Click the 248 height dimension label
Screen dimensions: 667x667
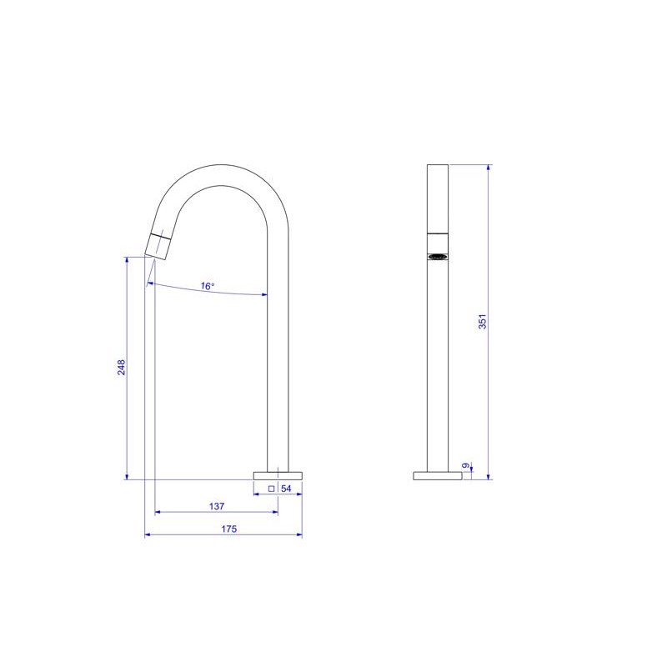pos(121,367)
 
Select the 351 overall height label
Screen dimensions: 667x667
pos(482,322)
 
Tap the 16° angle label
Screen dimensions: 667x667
pos(208,286)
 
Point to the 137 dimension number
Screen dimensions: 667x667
pos(217,506)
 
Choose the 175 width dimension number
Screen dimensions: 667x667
pos(228,529)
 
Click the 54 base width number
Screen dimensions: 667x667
pos(286,489)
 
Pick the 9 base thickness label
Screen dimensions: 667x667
pos(466,466)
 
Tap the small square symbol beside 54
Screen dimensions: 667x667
pos(272,489)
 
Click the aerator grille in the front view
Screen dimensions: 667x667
pos(438,257)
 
